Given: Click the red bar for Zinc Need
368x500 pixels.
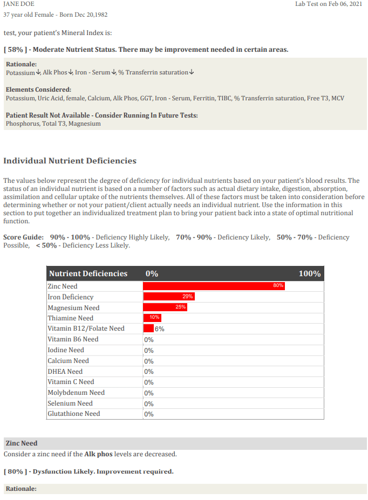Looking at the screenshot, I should (214, 286).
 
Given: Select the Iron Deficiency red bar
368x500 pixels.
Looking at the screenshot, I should (168, 297).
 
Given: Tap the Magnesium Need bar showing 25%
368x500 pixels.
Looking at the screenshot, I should (165, 307).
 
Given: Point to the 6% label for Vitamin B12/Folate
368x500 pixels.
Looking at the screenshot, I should (159, 328).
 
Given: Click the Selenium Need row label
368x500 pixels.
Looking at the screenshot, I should (70, 403).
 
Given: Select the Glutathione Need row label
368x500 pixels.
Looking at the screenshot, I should (74, 414).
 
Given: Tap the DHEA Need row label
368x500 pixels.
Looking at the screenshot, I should (65, 372).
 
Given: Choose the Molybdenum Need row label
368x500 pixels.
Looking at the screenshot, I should (76, 393).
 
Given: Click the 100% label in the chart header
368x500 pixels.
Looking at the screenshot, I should (309, 273).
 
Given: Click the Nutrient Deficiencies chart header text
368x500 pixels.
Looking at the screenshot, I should (88, 273).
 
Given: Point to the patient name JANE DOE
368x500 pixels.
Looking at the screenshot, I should (19, 4).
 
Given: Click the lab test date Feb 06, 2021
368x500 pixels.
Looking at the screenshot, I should (345, 4).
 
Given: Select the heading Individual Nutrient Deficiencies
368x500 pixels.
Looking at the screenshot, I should (70, 161).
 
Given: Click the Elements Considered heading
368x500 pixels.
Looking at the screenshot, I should (38, 90).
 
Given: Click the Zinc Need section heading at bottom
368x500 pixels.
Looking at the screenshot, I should (22, 443).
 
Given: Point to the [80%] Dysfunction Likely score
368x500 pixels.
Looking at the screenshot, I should (14, 471).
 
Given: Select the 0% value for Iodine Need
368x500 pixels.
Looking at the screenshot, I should (149, 350).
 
